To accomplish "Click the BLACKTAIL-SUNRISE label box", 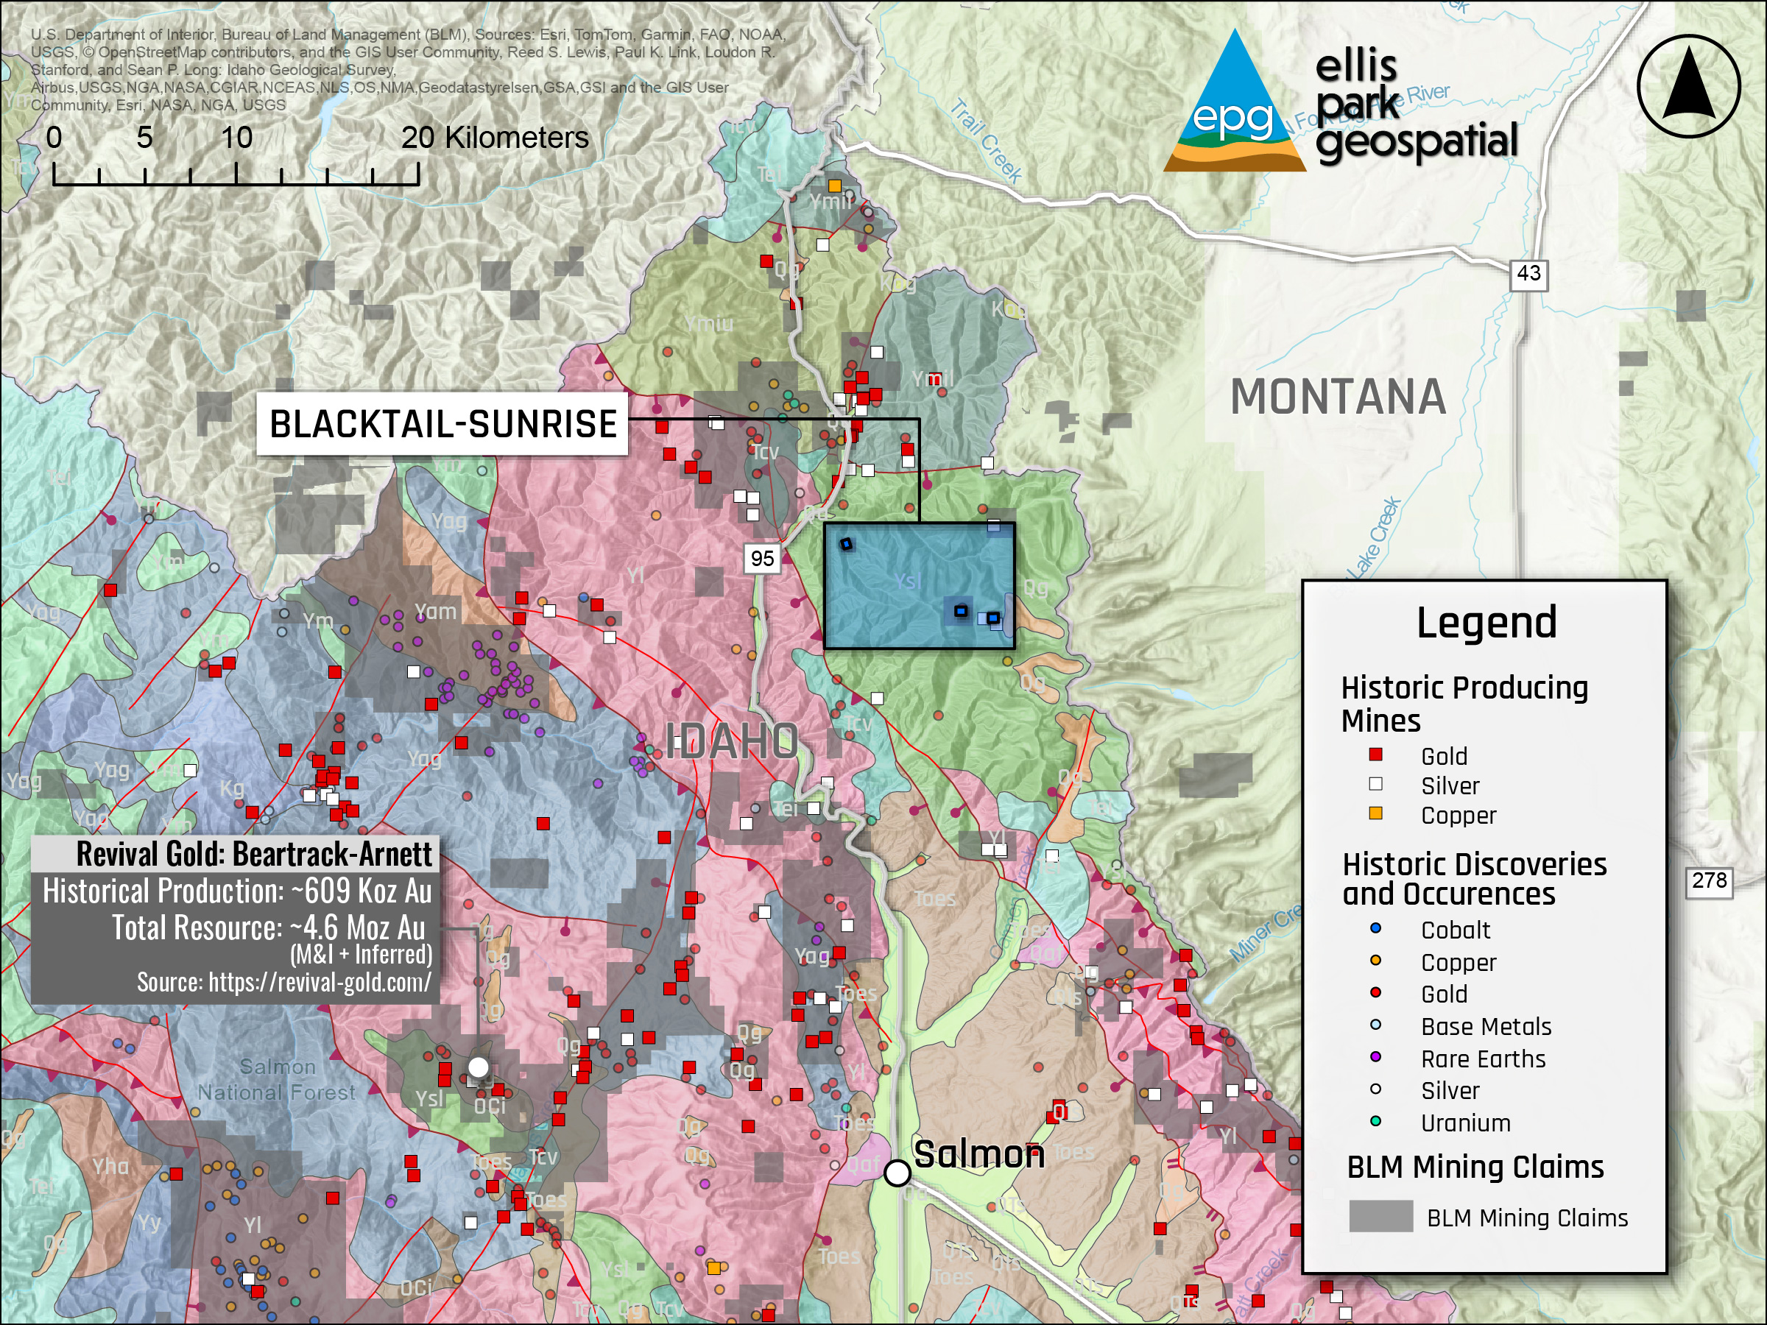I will point(442,424).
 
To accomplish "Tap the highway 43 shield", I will point(1528,274).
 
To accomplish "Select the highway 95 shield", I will point(761,558).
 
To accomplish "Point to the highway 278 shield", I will point(1708,881).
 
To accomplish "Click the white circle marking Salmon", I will point(897,1173).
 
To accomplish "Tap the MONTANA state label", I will point(1337,397).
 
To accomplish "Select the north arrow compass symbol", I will point(1688,86).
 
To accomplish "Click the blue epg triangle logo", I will point(1234,104).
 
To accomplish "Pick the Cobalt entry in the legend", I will point(1454,930).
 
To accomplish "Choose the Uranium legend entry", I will point(1464,1123).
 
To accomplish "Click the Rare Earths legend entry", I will point(1482,1059).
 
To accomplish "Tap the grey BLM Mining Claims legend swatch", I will point(1380,1216).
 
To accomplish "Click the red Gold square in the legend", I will point(1375,755).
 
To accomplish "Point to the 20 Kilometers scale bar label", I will point(495,138).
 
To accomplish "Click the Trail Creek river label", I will point(987,141).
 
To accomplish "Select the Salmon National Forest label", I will point(276,1079).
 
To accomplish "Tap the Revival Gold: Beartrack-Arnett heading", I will point(253,854).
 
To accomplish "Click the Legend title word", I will point(1486,622).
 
